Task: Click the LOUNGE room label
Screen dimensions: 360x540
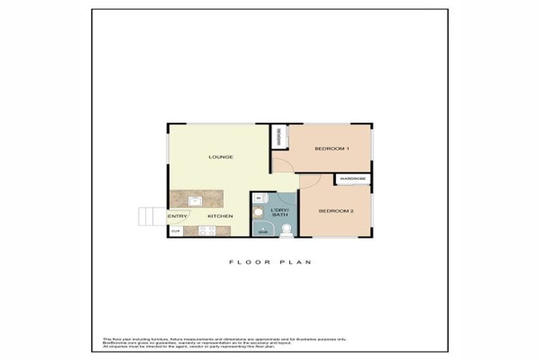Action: [220, 156]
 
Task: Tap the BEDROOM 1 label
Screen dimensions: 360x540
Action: [332, 149]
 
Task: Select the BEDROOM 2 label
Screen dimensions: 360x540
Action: [336, 211]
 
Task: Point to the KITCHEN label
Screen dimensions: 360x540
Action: [220, 216]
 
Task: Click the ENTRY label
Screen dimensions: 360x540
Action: [176, 216]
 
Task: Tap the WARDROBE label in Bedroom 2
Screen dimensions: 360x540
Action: [352, 179]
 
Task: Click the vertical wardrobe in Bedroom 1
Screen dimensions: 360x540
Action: [279, 136]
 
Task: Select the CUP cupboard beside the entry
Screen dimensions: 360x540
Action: [175, 231]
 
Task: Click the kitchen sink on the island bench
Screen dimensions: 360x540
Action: [196, 200]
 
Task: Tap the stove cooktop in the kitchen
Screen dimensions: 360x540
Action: [207, 230]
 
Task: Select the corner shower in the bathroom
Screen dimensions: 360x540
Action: [262, 229]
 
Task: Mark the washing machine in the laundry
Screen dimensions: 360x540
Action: [258, 199]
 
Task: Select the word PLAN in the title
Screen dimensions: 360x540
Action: [296, 262]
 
